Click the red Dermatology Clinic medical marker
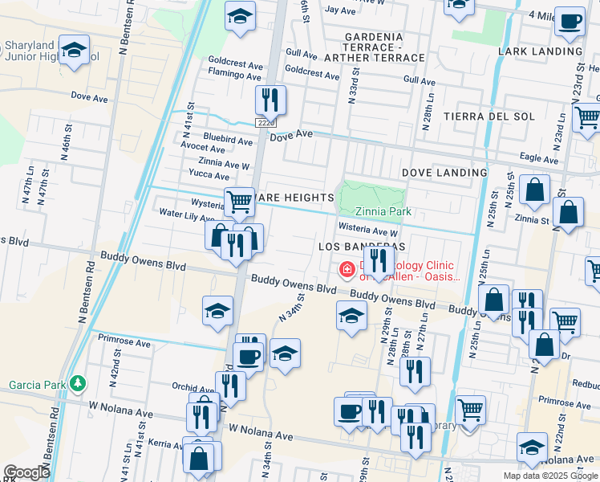click(x=347, y=270)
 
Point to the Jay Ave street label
click(x=340, y=10)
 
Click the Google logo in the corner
click(x=26, y=472)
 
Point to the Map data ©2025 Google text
click(x=549, y=476)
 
